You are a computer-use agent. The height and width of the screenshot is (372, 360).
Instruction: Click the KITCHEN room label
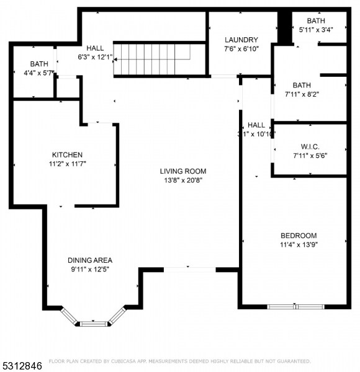pyautogui.click(x=67, y=155)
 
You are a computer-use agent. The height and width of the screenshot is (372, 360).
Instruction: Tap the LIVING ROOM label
pyautogui.click(x=182, y=172)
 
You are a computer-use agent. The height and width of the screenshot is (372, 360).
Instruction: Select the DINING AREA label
pyautogui.click(x=90, y=260)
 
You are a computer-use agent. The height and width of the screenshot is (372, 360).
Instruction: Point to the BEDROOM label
pyautogui.click(x=299, y=236)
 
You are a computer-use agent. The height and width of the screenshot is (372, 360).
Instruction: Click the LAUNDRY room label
pyautogui.click(x=241, y=40)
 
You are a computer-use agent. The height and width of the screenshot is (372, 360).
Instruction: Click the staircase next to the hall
pyautogui.click(x=159, y=59)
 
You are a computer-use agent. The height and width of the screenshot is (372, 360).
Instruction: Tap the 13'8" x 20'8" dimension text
pyautogui.click(x=182, y=180)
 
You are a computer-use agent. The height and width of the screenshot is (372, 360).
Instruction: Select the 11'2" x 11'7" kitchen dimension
pyautogui.click(x=67, y=164)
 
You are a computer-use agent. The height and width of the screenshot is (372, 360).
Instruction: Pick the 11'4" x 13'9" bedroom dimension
pyautogui.click(x=299, y=244)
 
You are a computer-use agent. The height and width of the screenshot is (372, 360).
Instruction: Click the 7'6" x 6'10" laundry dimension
pyautogui.click(x=241, y=48)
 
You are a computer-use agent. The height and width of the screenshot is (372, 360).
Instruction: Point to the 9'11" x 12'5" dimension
pyautogui.click(x=90, y=269)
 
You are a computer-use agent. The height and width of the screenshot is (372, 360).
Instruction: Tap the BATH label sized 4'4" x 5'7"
pyautogui.click(x=39, y=64)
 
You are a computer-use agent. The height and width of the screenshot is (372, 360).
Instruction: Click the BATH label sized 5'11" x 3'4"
pyautogui.click(x=315, y=20)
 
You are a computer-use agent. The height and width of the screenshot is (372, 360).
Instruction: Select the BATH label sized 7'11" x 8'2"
pyautogui.click(x=302, y=86)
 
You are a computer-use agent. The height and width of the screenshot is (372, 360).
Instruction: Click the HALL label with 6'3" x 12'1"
pyautogui.click(x=95, y=48)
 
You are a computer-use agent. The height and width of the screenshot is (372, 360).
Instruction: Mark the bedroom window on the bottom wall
pyautogui.click(x=295, y=306)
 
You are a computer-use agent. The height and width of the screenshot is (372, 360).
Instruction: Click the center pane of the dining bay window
pyautogui.click(x=93, y=323)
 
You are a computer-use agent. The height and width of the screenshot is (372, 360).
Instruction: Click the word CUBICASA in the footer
pyautogui.click(x=124, y=361)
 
